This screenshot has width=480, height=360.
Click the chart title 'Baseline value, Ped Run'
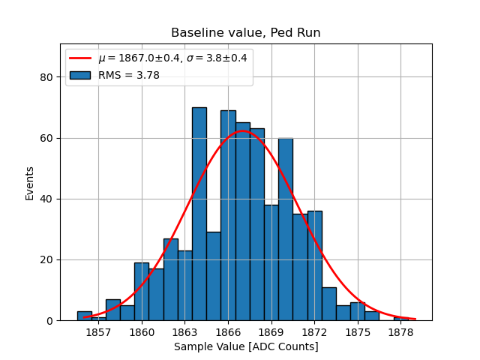246,33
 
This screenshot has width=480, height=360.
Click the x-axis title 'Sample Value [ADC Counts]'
246,346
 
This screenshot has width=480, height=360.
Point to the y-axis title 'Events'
30,182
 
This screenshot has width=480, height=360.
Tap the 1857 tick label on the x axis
98,331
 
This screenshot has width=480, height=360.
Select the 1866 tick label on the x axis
228,331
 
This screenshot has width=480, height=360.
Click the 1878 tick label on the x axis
400,331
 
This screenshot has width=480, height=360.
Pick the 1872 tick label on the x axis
314,331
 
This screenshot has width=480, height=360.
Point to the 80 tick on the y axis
46,77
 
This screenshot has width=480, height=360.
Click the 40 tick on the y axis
46,199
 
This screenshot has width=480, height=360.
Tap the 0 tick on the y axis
49,320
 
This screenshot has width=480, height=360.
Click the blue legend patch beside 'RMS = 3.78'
79,75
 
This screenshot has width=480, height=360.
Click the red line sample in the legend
79,58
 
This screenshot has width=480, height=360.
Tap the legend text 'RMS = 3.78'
128,75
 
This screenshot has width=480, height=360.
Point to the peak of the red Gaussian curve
243,131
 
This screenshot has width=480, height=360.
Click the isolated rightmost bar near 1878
401,319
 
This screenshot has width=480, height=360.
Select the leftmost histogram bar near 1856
85,316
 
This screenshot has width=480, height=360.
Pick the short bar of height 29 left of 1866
214,277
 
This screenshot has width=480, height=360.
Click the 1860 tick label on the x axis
142,331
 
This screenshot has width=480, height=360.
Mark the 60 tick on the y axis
46,138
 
